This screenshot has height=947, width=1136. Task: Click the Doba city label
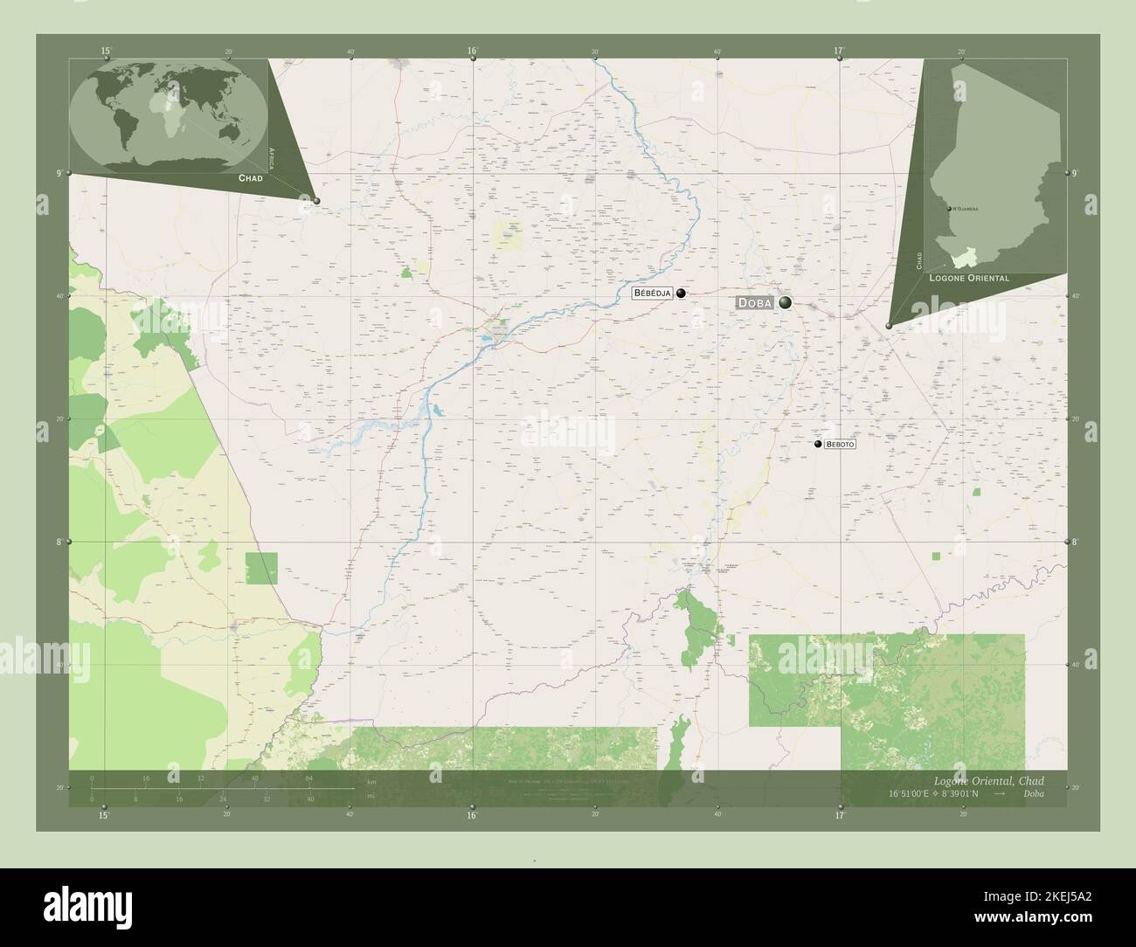(755, 302)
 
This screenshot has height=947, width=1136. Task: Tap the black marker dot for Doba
(786, 302)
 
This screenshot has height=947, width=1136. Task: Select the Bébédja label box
(653, 294)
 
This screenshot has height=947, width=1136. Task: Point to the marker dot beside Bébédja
(681, 294)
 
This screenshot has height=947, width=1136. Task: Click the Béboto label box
(840, 445)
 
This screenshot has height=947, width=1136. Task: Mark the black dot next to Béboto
(818, 445)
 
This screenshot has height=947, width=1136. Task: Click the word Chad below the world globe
(250, 177)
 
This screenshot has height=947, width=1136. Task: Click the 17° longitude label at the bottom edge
(838, 815)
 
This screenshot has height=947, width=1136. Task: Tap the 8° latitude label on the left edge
(59, 542)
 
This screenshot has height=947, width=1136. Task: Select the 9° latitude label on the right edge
(1077, 174)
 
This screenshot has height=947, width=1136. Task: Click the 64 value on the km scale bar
(309, 778)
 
